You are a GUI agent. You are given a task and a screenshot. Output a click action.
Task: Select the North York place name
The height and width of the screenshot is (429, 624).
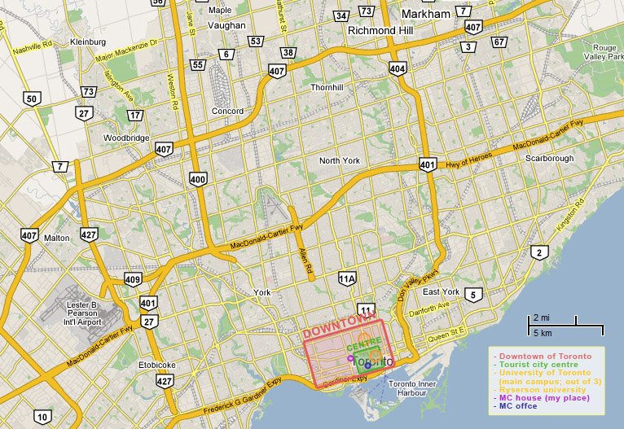coord(339,160)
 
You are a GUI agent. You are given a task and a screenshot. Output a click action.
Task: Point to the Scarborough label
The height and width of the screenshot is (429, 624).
coord(549,158)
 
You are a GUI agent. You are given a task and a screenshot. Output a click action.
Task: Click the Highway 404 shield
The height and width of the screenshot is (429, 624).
coord(397,68)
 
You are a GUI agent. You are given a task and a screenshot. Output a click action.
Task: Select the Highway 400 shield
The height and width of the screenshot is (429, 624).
coord(197,178)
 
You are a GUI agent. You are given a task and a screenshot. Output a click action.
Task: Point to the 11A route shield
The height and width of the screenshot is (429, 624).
coord(347,279)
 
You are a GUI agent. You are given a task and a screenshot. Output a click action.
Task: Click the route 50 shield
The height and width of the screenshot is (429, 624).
coord(32,99)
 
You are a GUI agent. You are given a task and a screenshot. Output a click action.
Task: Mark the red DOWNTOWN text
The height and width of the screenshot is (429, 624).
coord(335,330)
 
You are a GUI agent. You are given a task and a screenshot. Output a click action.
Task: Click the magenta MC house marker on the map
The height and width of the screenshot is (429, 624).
coord(350,358)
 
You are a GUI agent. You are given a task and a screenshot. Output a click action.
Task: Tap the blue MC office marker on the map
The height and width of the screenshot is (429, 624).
coord(367,366)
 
